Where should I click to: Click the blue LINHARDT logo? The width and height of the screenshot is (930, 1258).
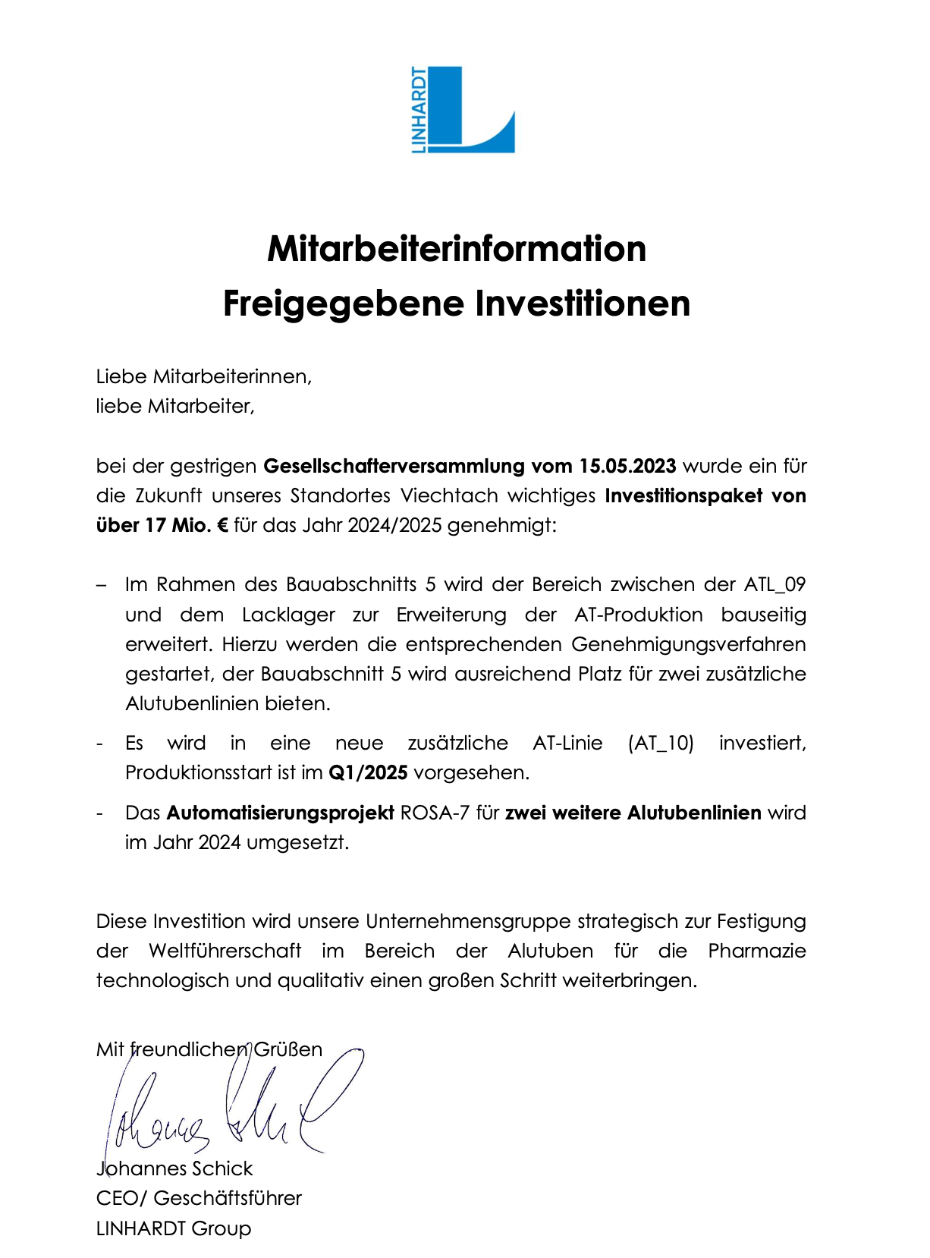[x=463, y=110]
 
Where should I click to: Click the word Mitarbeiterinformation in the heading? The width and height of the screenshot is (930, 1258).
[x=457, y=249]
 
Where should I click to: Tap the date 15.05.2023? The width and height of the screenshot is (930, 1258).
[x=627, y=466]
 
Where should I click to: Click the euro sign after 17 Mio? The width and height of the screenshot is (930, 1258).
[x=222, y=525]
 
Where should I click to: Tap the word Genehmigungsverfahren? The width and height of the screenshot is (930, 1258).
[x=688, y=644]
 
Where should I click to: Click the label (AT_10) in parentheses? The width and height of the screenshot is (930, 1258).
[x=661, y=743]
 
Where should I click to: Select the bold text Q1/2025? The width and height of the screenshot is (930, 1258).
[x=368, y=772]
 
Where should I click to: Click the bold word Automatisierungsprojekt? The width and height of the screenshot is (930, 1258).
[x=280, y=813]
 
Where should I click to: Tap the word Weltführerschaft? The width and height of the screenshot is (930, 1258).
[x=225, y=951]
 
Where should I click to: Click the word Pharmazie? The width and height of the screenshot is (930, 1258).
[x=756, y=951]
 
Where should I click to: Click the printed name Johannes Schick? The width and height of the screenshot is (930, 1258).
[x=174, y=1168]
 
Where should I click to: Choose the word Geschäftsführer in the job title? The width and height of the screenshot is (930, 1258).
[x=228, y=1198]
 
